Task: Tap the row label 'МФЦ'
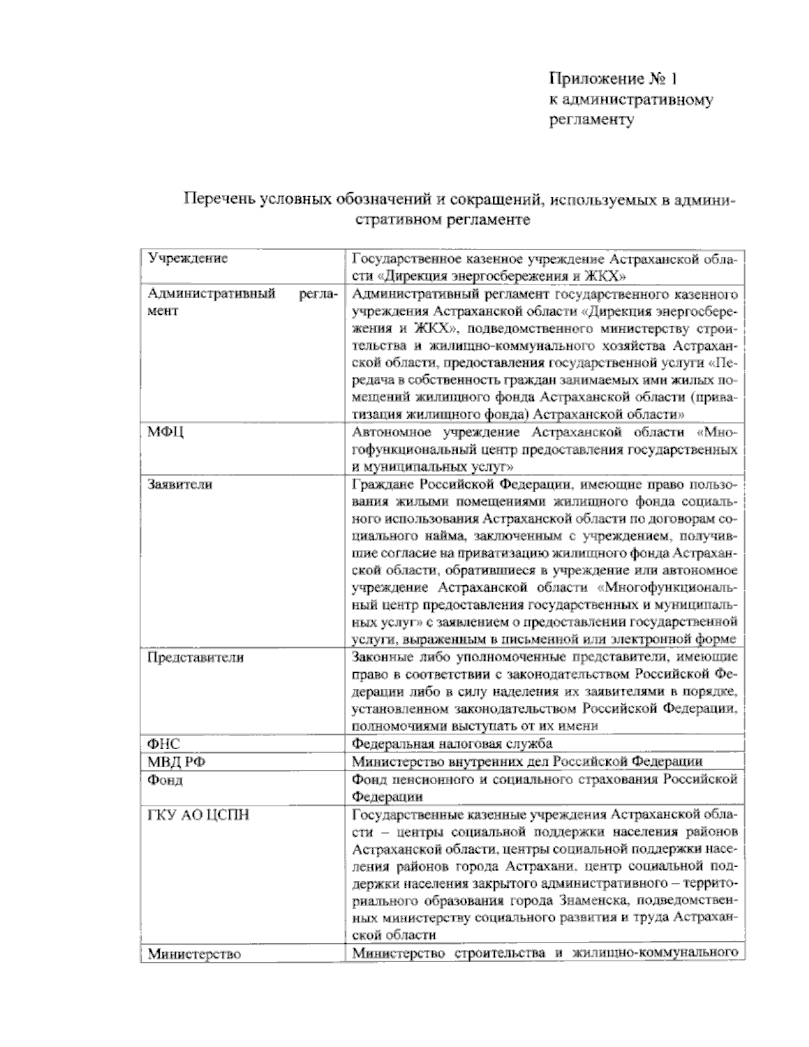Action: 167,432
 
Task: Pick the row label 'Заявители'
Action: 180,484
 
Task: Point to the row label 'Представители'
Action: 196,657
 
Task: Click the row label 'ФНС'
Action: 164,744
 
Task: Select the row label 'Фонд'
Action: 166,780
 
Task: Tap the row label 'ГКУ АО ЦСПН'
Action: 198,815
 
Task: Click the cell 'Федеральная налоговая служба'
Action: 452,744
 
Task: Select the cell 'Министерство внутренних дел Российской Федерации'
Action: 527,762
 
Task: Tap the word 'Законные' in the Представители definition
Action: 382,657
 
